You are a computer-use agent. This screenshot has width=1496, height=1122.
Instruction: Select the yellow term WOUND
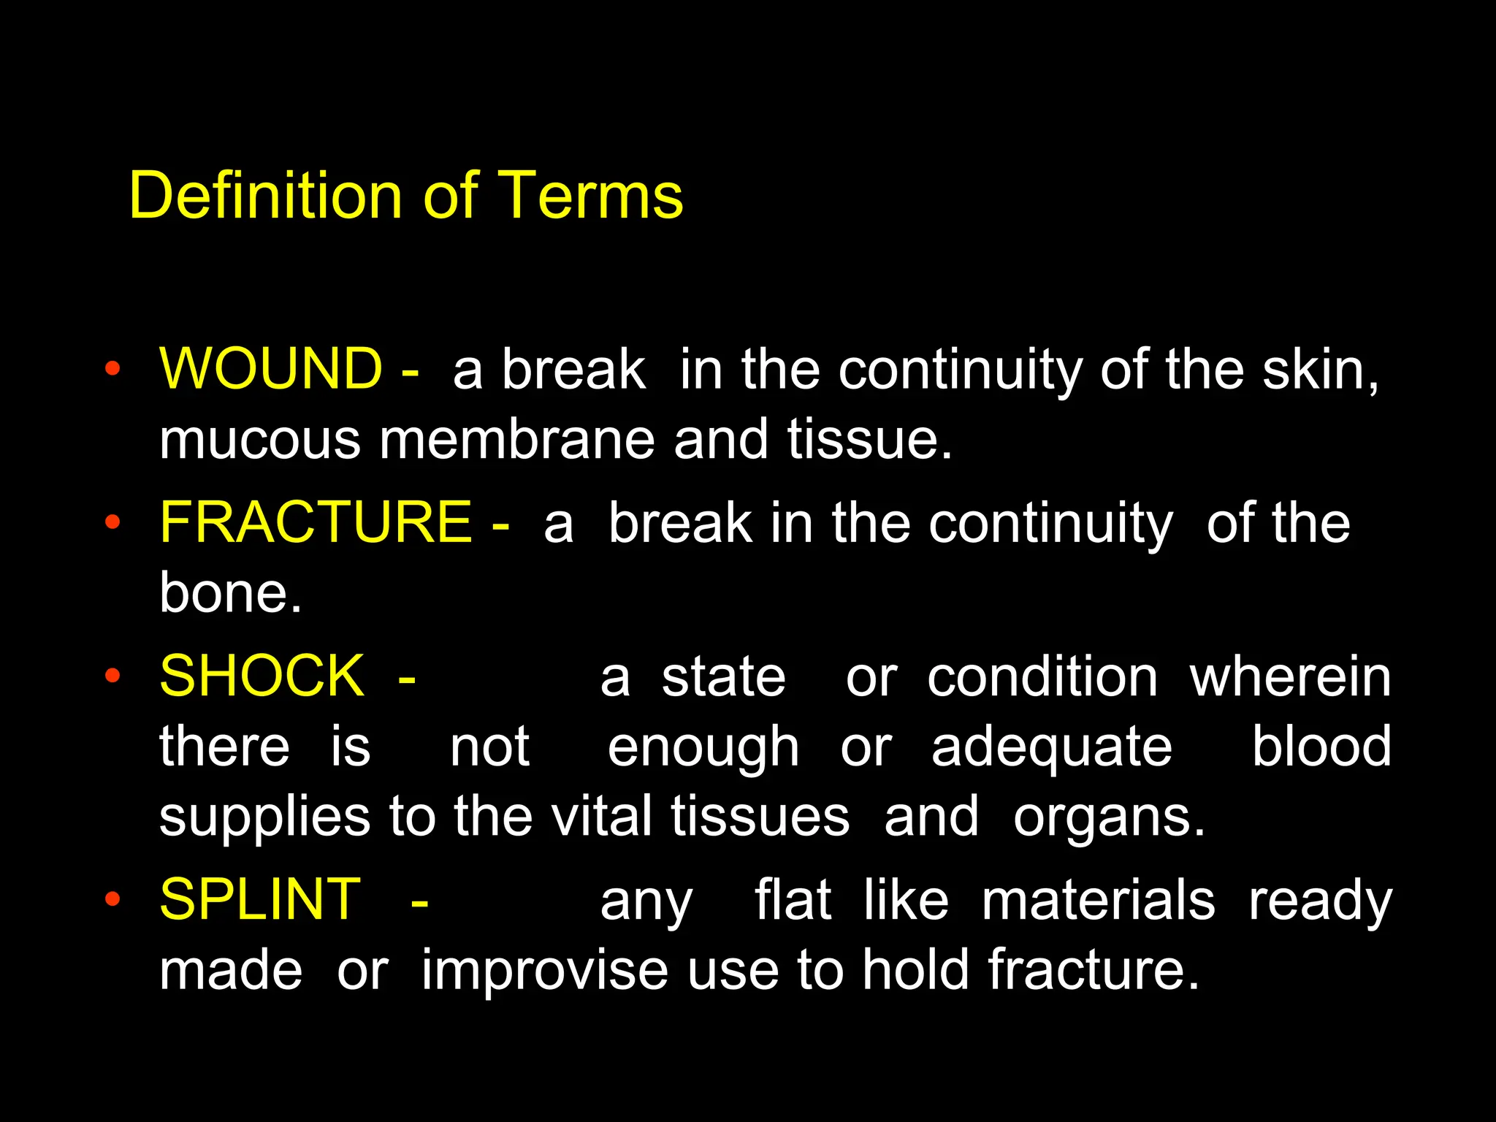(x=271, y=368)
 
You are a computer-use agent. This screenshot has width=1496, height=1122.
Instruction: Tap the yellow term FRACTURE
(x=316, y=522)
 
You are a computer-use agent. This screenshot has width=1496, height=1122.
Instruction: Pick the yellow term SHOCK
(x=262, y=676)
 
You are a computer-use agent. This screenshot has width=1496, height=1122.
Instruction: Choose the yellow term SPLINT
(x=260, y=899)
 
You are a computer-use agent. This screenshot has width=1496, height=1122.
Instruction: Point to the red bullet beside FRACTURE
(x=112, y=522)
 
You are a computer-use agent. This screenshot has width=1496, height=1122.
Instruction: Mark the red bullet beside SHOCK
(x=112, y=676)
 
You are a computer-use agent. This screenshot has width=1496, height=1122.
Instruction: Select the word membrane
(x=516, y=440)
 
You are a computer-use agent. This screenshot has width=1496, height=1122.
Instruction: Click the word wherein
(x=1290, y=677)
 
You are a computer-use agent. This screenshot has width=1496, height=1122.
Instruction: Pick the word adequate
(x=1052, y=748)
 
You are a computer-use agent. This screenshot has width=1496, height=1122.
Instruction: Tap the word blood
(x=1321, y=747)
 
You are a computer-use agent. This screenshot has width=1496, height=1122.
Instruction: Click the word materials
(x=1098, y=900)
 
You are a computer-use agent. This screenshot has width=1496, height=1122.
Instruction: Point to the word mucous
(x=260, y=441)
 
